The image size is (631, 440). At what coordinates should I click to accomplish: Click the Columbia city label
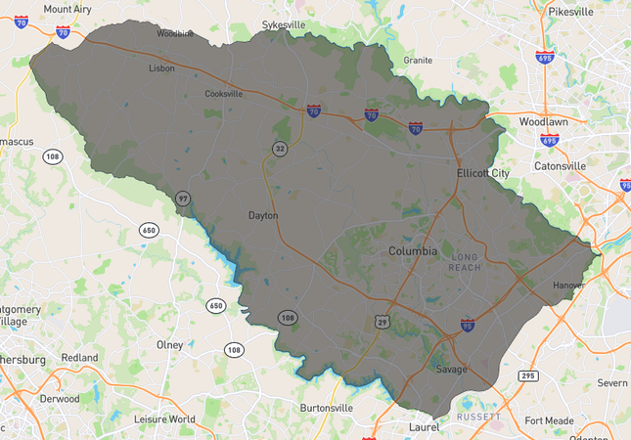(413, 251)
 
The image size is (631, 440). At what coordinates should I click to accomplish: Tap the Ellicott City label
(482, 173)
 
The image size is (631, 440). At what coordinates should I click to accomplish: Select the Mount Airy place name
(68, 9)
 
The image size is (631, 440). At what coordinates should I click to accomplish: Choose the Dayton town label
(263, 215)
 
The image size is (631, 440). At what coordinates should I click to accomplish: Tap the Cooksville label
(223, 95)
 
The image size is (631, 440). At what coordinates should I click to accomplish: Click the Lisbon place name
(161, 68)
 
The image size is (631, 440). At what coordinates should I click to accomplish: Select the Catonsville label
(560, 166)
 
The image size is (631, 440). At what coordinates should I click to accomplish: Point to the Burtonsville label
(326, 407)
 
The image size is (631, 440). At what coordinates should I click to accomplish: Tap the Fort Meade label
(549, 420)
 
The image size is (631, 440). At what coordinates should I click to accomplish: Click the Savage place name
(451, 370)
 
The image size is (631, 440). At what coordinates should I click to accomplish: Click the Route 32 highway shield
(281, 149)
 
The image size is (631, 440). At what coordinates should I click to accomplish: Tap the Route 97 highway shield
(183, 198)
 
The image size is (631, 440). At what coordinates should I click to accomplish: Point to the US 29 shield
(381, 321)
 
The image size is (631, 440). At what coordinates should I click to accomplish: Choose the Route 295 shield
(528, 375)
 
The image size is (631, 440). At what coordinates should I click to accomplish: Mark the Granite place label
(418, 61)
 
